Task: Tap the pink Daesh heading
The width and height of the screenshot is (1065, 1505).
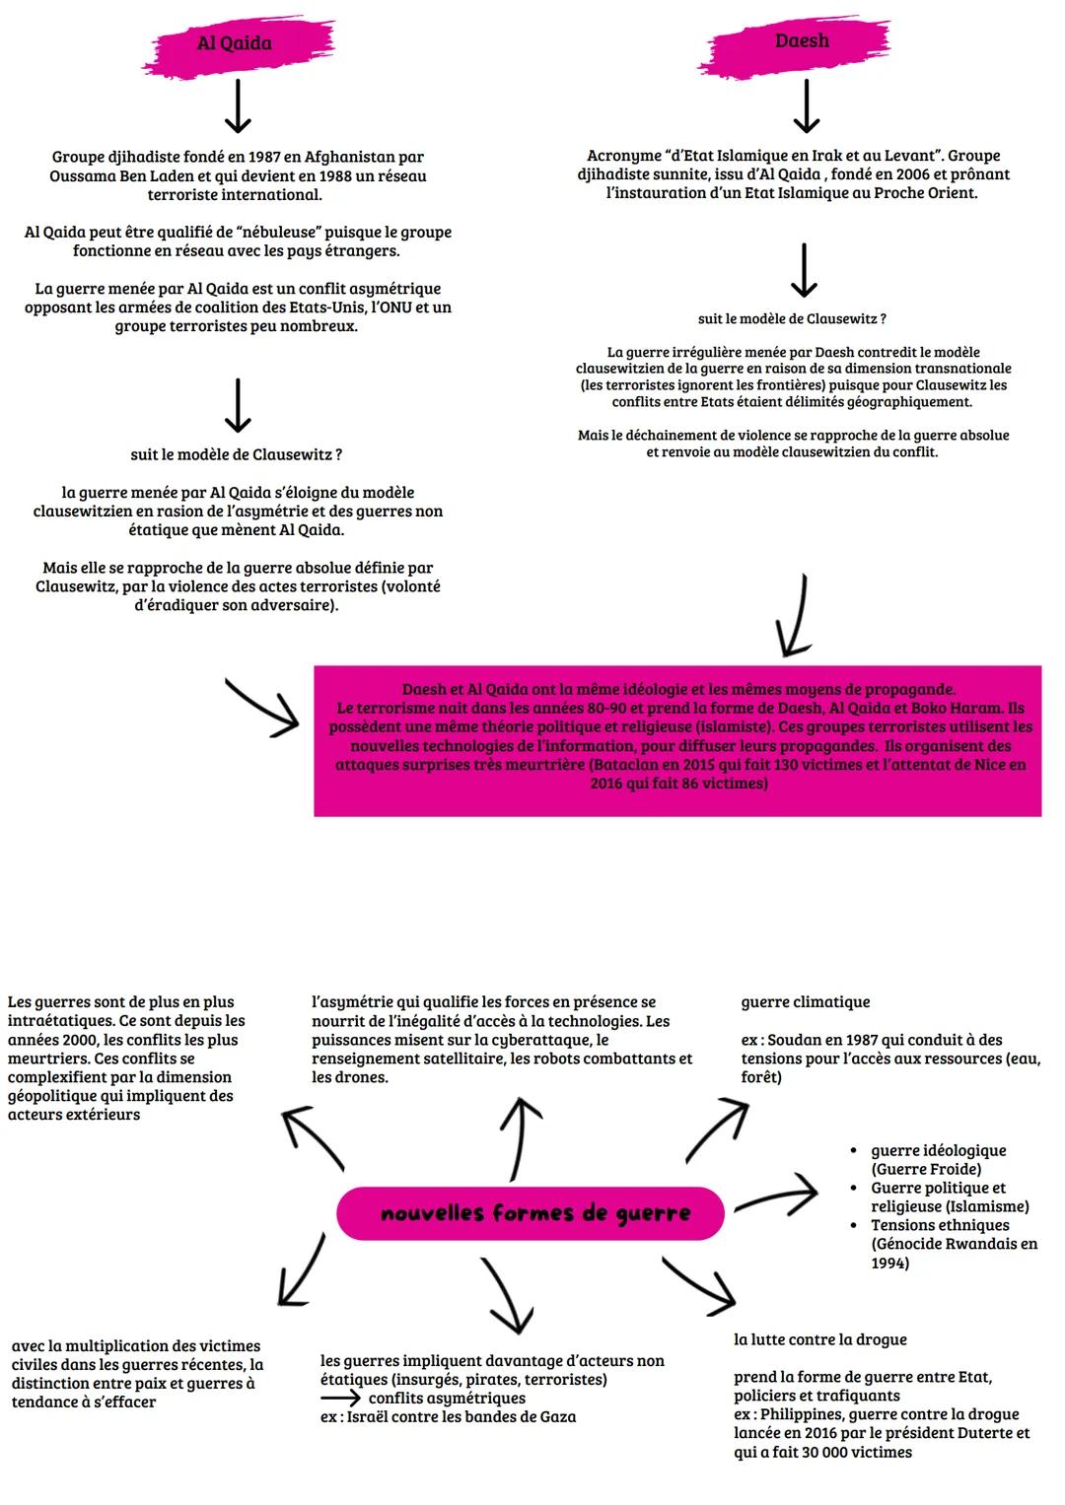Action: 802,41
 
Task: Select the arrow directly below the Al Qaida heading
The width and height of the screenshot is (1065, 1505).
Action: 238,106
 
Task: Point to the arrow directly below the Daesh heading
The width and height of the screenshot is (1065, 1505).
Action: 807,105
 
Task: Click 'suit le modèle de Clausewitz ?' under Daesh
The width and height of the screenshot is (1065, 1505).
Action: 792,319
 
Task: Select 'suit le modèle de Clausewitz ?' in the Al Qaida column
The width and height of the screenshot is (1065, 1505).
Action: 237,455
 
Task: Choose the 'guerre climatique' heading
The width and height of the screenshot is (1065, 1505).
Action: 806,1002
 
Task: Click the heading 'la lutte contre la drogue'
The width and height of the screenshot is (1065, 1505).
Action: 819,1339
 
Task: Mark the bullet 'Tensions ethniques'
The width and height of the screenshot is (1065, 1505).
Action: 940,1225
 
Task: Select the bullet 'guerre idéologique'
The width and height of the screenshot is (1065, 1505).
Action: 938,1150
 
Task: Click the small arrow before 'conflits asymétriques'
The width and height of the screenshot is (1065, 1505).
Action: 340,1399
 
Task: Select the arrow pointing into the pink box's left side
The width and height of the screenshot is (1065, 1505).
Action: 263,707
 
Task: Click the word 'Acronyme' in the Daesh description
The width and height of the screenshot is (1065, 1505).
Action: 624,156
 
